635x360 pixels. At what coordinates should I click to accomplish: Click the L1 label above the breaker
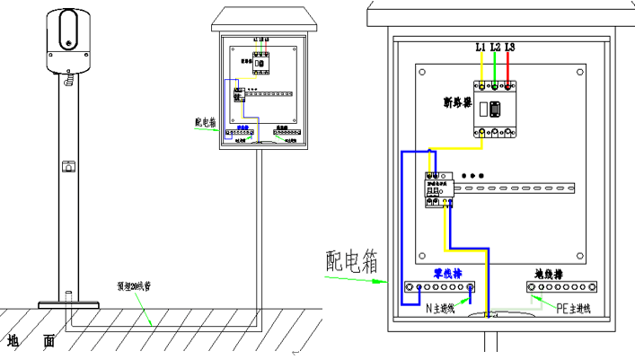(481, 46)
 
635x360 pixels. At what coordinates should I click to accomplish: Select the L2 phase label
(496, 46)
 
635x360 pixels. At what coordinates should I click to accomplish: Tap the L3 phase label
(510, 46)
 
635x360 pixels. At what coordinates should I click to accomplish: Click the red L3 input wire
(510, 66)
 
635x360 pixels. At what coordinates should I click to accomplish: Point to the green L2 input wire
(496, 66)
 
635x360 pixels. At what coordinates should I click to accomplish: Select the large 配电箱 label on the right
(350, 261)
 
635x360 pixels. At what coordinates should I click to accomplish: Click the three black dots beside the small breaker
(472, 174)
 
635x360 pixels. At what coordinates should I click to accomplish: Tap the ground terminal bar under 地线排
(561, 287)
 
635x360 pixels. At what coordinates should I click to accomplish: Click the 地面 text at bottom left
(31, 341)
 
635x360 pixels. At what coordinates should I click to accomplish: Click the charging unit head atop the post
(68, 40)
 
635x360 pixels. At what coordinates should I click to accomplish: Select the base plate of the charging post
(67, 302)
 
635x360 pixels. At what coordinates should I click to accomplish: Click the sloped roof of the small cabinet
(260, 19)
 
